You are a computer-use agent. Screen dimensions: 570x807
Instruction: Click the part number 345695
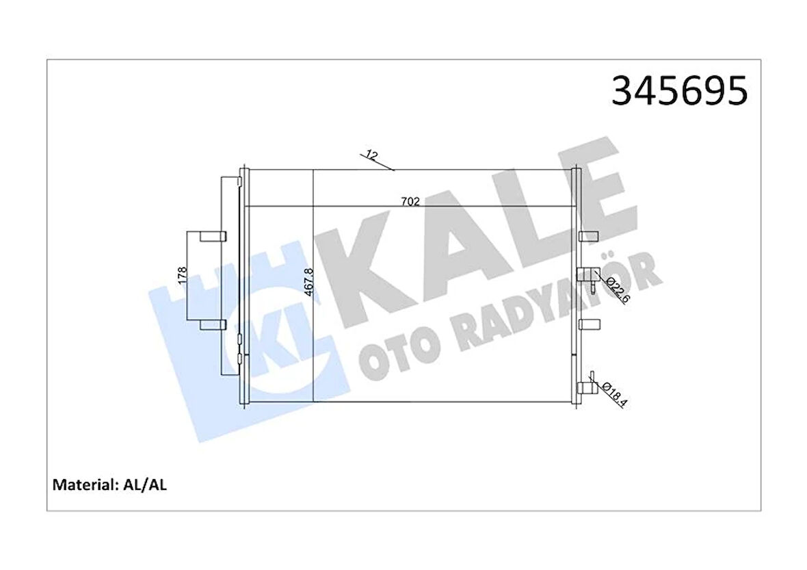click(679, 92)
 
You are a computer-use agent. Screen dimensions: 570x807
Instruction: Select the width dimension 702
click(410, 201)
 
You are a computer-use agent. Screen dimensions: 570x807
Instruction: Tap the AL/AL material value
click(144, 485)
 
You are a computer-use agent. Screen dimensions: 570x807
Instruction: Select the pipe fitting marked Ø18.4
click(585, 387)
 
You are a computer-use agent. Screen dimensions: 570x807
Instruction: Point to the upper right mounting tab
click(588, 237)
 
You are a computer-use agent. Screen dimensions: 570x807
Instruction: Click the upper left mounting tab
click(213, 237)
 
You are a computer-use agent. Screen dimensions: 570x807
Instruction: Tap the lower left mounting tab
click(213, 324)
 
